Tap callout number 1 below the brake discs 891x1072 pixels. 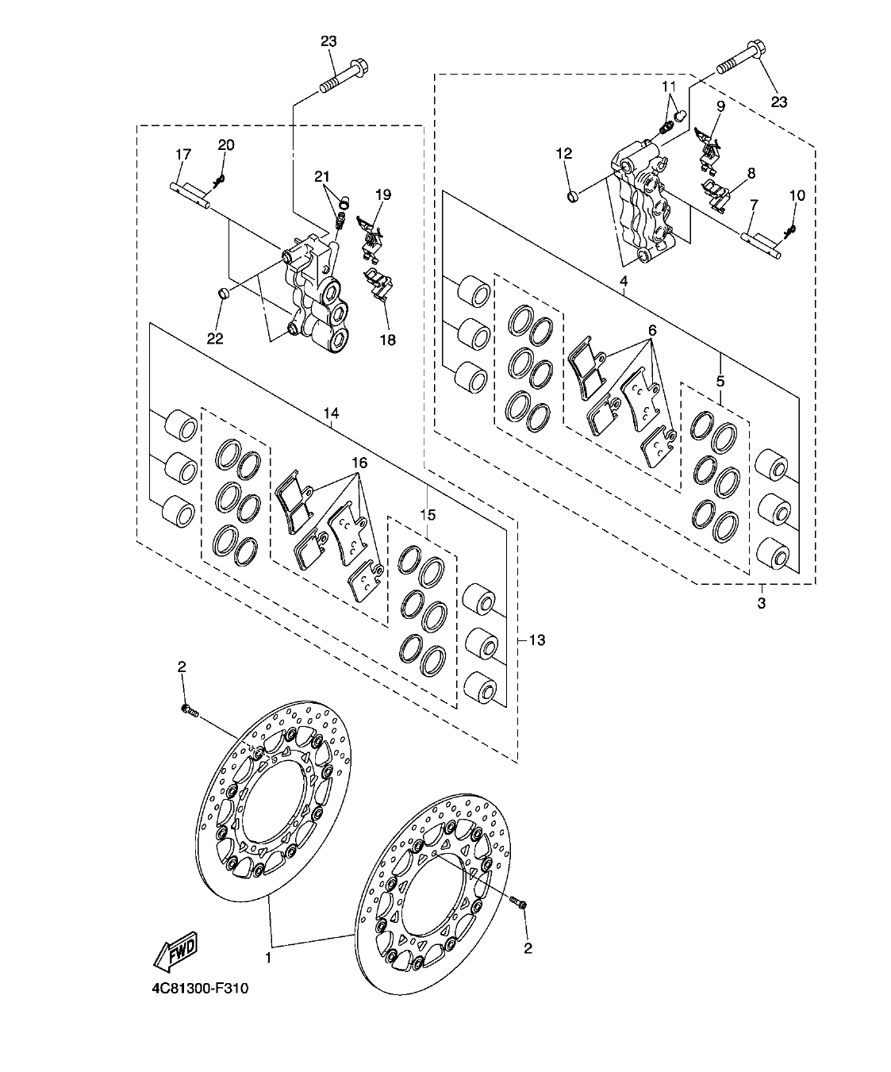tap(268, 958)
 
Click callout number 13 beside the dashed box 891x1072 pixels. tap(537, 640)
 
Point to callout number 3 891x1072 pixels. tap(761, 604)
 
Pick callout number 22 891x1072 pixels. tap(215, 339)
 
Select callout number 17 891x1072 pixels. tap(182, 154)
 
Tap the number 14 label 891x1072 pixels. tap(331, 413)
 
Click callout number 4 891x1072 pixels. tap(624, 281)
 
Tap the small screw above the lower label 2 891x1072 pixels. tap(521, 903)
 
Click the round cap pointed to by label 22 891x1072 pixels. tap(224, 296)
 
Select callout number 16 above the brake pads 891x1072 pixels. tap(360, 462)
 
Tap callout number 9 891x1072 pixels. tap(720, 105)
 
